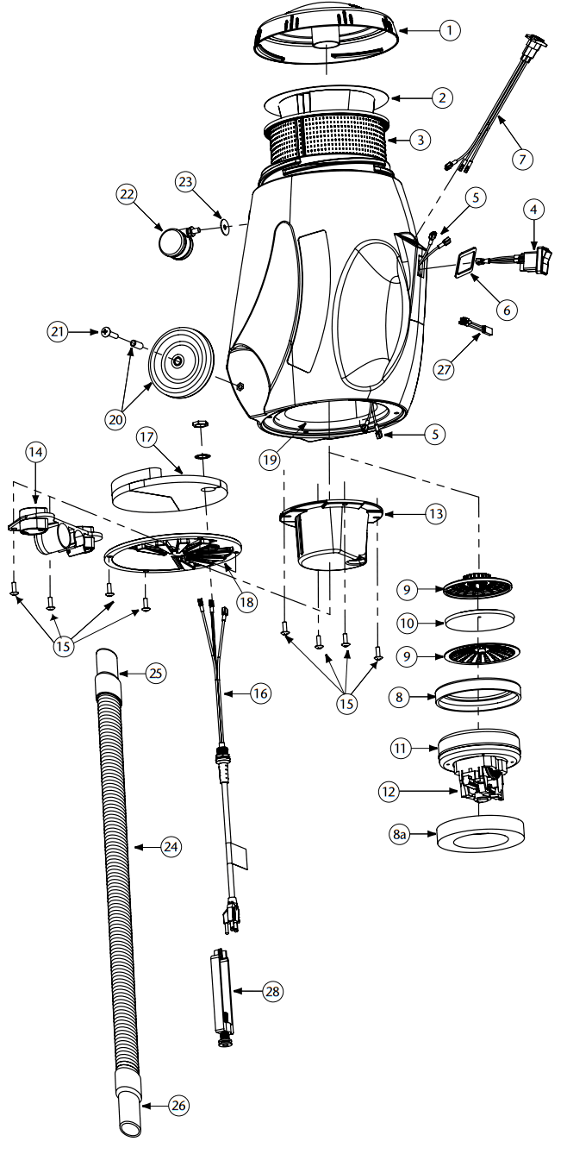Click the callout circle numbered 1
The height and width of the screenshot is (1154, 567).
[449, 30]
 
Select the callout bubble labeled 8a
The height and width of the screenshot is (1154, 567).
[399, 835]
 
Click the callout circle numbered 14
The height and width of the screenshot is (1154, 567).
[35, 452]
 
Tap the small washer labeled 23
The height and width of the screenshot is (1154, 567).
[224, 226]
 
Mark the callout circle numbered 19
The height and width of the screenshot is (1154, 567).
[271, 459]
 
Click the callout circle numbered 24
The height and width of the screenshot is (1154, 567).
[171, 847]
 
